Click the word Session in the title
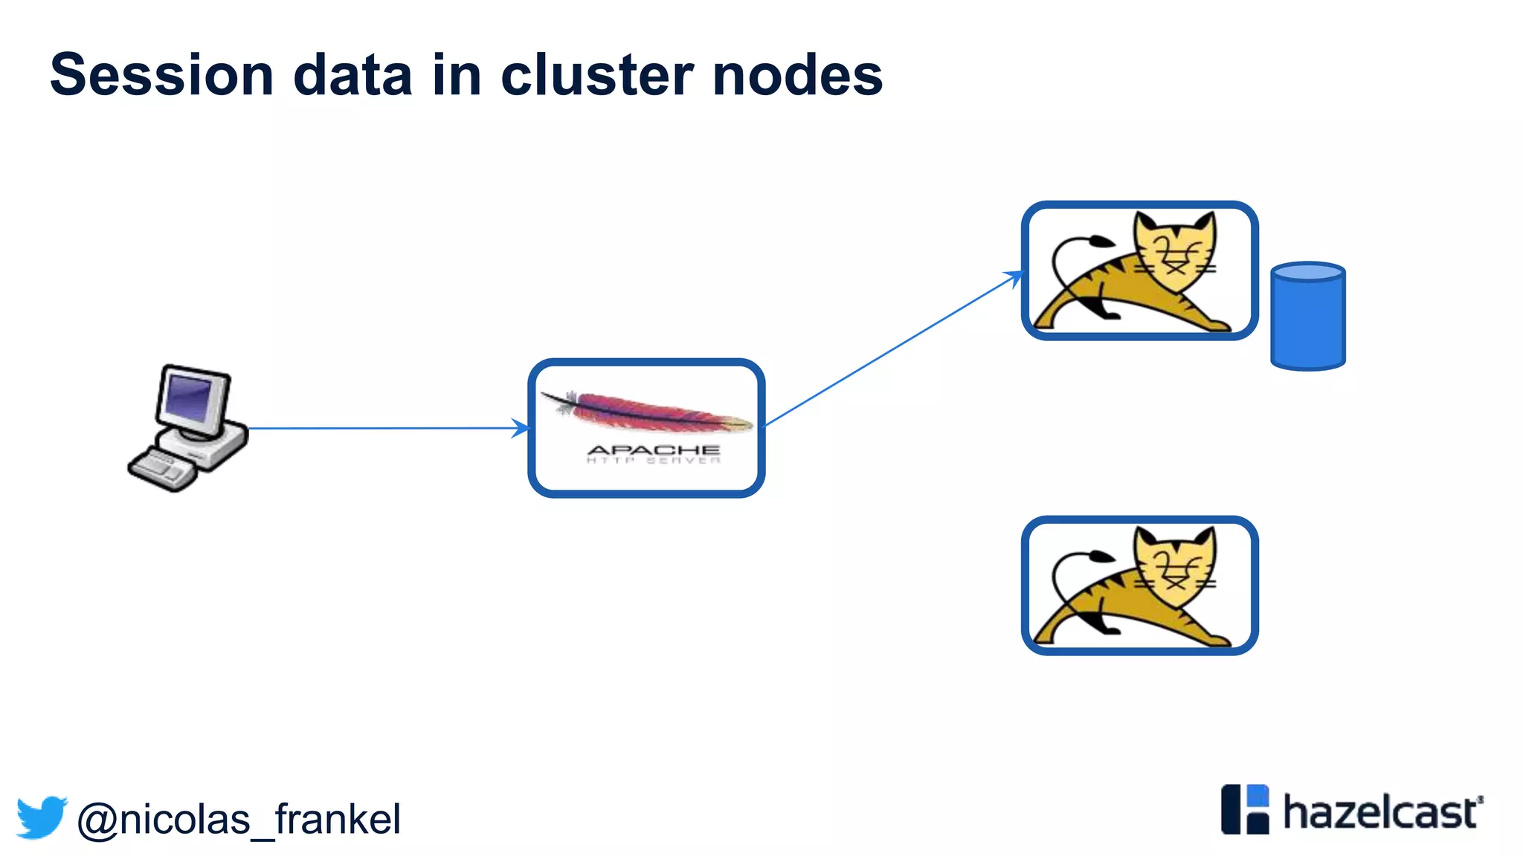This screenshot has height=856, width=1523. click(162, 75)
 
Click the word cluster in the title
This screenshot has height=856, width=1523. click(597, 75)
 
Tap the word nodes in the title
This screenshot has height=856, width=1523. click(797, 75)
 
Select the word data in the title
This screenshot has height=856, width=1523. click(352, 75)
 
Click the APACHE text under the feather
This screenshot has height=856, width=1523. click(653, 450)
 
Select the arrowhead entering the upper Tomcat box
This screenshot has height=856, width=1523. click(1015, 276)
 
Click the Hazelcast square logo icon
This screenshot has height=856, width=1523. click(1245, 809)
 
